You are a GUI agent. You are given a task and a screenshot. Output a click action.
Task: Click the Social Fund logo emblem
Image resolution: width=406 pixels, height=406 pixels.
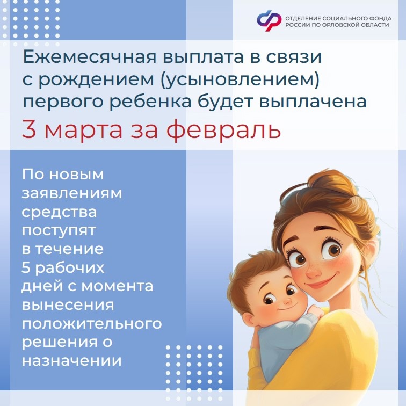click(269, 21)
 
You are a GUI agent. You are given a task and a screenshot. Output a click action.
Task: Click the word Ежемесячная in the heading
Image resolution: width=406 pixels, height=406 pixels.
click(90, 57)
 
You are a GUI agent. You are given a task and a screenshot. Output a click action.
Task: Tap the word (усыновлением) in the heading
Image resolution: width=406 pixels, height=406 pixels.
click(240, 80)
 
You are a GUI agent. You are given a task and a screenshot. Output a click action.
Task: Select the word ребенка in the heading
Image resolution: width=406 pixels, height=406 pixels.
click(150, 102)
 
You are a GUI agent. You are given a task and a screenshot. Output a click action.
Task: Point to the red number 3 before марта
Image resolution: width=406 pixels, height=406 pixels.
click(29, 129)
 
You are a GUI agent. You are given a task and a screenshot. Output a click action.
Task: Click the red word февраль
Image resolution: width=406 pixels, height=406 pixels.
click(223, 130)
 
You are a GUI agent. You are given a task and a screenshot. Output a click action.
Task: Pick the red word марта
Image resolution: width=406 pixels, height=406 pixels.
click(83, 131)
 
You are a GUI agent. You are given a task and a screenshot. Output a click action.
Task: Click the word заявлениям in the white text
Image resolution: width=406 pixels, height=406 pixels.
click(72, 193)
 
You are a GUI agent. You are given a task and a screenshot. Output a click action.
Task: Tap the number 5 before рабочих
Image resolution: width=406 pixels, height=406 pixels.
click(26, 267)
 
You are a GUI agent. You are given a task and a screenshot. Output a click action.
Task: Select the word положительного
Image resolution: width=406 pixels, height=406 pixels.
click(92, 324)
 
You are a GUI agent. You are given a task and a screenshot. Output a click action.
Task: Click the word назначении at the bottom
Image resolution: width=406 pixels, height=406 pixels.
click(72, 361)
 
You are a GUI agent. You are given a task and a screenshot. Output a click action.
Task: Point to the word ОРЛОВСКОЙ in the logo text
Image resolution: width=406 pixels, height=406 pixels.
click(341, 25)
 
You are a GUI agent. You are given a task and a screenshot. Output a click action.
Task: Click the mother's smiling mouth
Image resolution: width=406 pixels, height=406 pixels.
click(320, 283)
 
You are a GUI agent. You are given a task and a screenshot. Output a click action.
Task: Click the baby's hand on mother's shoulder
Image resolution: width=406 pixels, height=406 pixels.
click(315, 312)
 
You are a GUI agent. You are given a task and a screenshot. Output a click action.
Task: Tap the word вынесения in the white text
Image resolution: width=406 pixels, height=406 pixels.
click(68, 305)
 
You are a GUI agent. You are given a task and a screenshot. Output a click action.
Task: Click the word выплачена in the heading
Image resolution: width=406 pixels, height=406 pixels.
click(313, 102)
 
